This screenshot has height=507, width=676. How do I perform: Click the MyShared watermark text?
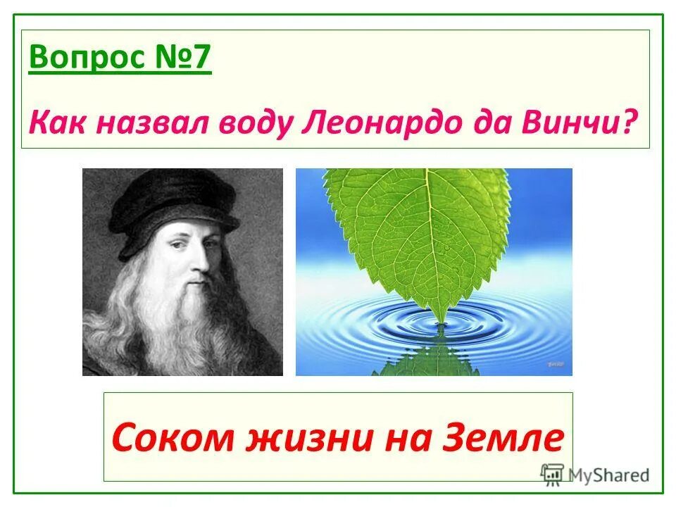click(609, 475)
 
